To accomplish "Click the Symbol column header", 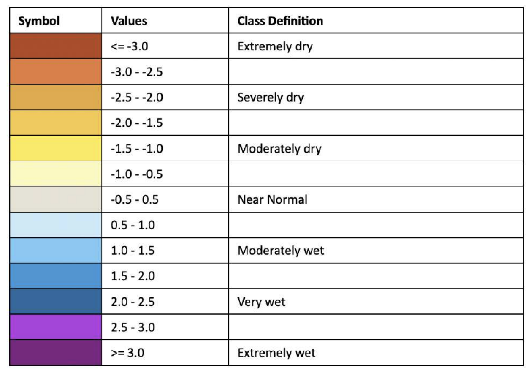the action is [x=39, y=21].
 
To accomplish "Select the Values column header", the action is [x=129, y=21].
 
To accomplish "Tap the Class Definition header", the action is [x=280, y=21].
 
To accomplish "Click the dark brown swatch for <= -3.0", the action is [x=56, y=46].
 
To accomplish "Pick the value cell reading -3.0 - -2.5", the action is [x=137, y=72].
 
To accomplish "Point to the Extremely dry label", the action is [x=275, y=46].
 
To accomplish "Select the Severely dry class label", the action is [x=271, y=98].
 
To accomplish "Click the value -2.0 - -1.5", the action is [x=137, y=123].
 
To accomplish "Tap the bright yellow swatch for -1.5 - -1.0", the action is [x=56, y=148].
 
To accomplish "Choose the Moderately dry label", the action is [x=279, y=149].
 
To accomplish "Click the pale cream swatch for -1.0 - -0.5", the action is [x=56, y=174].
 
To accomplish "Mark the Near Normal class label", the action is [x=272, y=199].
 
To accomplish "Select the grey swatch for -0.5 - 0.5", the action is [x=56, y=199].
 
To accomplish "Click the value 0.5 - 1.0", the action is [x=133, y=225].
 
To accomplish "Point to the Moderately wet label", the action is [x=281, y=251].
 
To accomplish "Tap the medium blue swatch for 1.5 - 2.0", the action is [x=56, y=276].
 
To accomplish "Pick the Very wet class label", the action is [x=261, y=302].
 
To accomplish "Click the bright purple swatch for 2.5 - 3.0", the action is [x=56, y=327].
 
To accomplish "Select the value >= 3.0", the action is [x=127, y=353].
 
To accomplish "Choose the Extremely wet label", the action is [x=276, y=353].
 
